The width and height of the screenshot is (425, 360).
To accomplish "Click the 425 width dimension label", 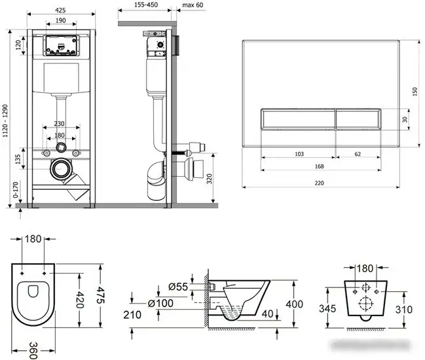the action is [x=60, y=10].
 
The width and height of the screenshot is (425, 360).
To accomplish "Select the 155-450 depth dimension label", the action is [x=146, y=5].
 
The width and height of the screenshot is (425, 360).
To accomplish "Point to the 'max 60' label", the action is [x=193, y=5].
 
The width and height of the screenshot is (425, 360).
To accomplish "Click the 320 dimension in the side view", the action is [x=209, y=179].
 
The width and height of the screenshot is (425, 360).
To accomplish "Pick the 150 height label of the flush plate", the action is [x=415, y=92].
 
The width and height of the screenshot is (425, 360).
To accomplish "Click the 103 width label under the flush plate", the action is [x=299, y=154].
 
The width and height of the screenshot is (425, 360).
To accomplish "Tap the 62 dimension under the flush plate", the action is [x=358, y=154].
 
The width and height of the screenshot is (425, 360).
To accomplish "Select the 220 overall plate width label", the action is [x=320, y=183].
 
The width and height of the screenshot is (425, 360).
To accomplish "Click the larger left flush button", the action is [x=298, y=119].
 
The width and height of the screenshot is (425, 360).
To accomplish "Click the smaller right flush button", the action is [x=359, y=119].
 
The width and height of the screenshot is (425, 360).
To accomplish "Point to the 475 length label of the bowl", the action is [x=100, y=296].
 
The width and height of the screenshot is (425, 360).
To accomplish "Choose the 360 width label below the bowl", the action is [x=33, y=351].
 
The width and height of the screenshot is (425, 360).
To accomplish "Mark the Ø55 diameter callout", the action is [x=178, y=287].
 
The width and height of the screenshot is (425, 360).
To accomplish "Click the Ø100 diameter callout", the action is [x=160, y=303].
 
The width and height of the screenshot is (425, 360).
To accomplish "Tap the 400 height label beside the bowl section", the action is [x=294, y=304].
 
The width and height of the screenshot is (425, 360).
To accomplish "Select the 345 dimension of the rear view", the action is [x=327, y=308].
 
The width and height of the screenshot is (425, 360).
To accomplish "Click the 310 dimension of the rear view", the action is [x=404, y=310].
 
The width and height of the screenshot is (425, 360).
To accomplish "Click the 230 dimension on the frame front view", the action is [x=59, y=124].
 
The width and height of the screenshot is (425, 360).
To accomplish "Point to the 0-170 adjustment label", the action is [x=16, y=190].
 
